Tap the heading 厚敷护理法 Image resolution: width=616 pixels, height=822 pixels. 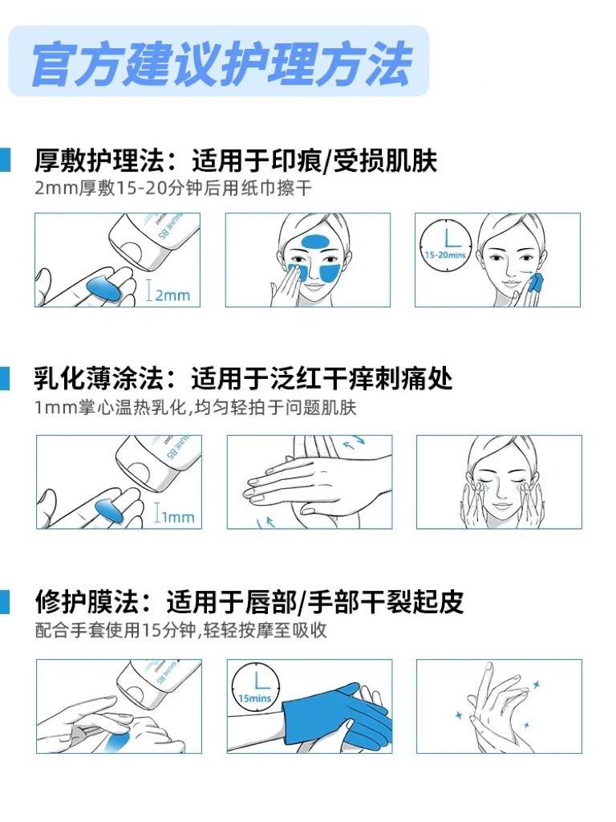(99, 161)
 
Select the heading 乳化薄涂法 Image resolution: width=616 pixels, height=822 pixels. (99, 379)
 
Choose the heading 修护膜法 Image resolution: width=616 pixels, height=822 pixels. (87, 601)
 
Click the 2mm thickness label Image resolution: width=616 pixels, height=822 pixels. (168, 294)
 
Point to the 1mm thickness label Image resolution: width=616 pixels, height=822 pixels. (174, 516)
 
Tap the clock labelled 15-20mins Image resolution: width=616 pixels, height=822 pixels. (446, 244)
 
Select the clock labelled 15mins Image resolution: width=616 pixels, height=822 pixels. (255, 688)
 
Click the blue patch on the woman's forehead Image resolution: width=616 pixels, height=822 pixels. (315, 242)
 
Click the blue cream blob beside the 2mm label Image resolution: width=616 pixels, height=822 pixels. (104, 287)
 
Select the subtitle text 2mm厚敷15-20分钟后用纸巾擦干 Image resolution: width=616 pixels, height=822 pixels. (173, 188)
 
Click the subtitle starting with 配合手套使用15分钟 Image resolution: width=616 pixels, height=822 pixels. (180, 629)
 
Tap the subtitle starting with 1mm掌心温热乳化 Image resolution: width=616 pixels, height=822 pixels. (196, 407)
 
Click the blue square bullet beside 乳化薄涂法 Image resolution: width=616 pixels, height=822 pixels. (5, 379)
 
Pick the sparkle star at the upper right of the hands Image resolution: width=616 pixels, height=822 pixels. (536, 684)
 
